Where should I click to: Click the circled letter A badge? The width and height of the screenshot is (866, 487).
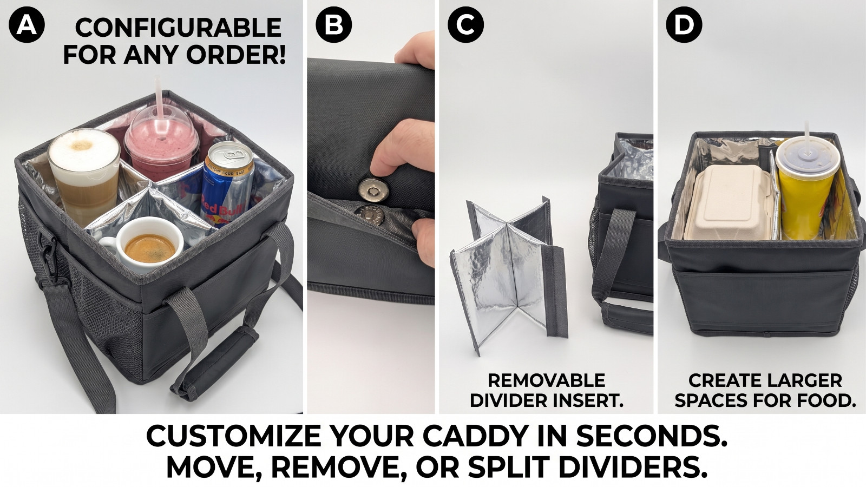point(27,25)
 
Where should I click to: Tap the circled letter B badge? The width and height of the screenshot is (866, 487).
point(333,25)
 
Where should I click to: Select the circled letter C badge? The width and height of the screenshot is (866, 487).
point(466,25)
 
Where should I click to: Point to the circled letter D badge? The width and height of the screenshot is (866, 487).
point(684,25)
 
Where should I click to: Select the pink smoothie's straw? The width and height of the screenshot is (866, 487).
point(159,101)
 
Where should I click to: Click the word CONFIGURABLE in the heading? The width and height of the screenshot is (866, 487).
point(178,28)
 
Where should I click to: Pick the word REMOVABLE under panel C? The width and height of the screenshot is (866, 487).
point(546,381)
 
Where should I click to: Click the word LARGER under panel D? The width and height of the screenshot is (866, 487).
point(803,381)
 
